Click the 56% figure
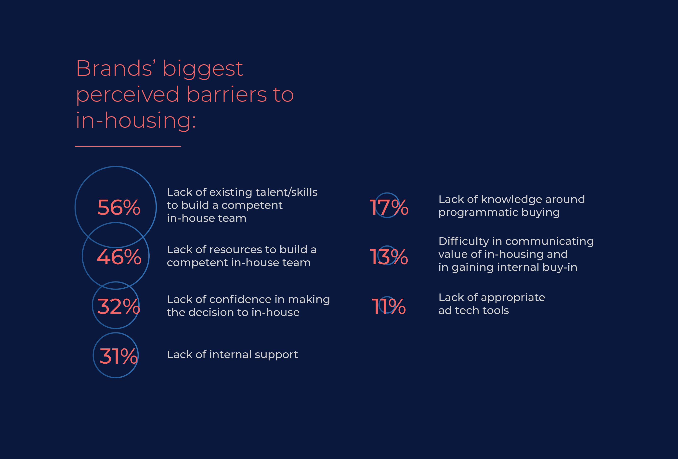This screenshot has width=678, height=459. pos(119,207)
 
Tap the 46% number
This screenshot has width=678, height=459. pos(119,257)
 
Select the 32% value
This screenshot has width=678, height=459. pos(118,306)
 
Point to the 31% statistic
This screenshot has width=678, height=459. pos(118,356)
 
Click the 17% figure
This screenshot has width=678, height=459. pos(389,207)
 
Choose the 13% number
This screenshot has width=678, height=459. pos(389,257)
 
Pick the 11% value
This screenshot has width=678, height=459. pos(389,306)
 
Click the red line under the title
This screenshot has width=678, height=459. pos(128,146)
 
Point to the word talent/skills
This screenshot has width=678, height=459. pos(287,192)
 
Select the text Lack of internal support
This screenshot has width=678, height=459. pos(232,355)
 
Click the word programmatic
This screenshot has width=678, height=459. pos(478,213)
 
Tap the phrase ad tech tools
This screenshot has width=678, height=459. pos(473,311)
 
